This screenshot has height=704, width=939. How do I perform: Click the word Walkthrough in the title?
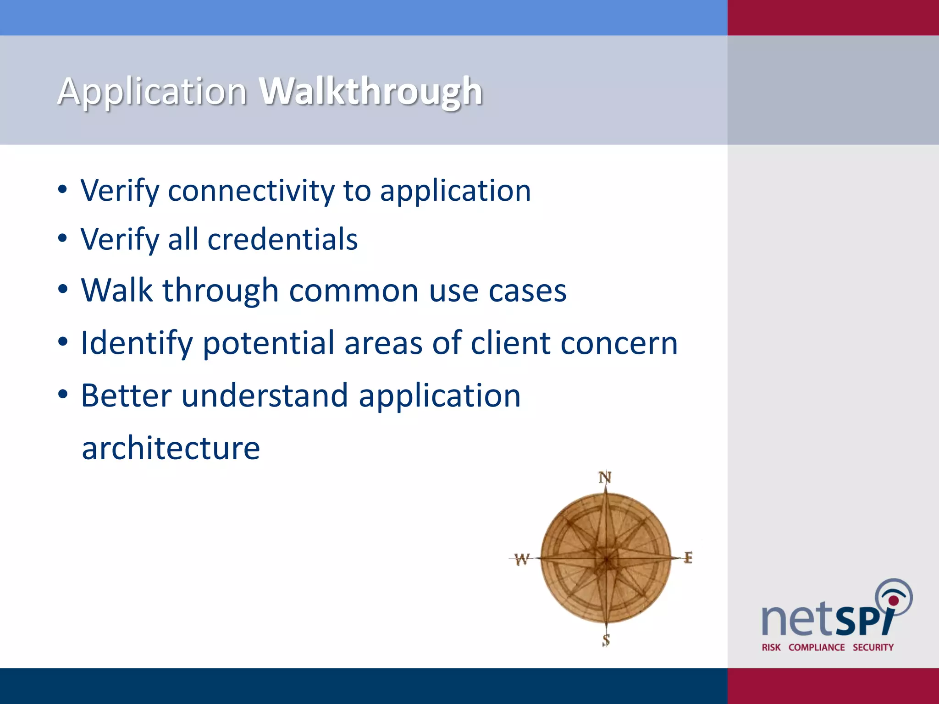click(x=370, y=92)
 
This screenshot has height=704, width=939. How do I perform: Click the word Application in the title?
click(x=152, y=92)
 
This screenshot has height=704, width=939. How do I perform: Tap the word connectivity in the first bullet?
click(x=251, y=191)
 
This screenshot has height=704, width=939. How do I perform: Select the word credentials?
click(x=282, y=239)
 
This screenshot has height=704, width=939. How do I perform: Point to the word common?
click(x=354, y=291)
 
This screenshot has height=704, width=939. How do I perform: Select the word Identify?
click(x=137, y=343)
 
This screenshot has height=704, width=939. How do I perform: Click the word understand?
click(x=265, y=396)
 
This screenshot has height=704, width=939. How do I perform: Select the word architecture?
click(x=171, y=448)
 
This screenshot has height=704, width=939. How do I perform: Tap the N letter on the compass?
click(x=605, y=478)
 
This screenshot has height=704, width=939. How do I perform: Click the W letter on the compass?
click(x=521, y=559)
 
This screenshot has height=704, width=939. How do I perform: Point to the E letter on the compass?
click(x=688, y=558)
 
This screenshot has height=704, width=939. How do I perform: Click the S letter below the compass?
click(x=606, y=640)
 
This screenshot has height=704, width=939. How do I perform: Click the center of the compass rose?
click(x=606, y=559)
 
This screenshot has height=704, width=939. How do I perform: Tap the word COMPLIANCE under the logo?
click(x=816, y=647)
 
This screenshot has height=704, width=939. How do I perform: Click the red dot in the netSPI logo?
click(x=893, y=600)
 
